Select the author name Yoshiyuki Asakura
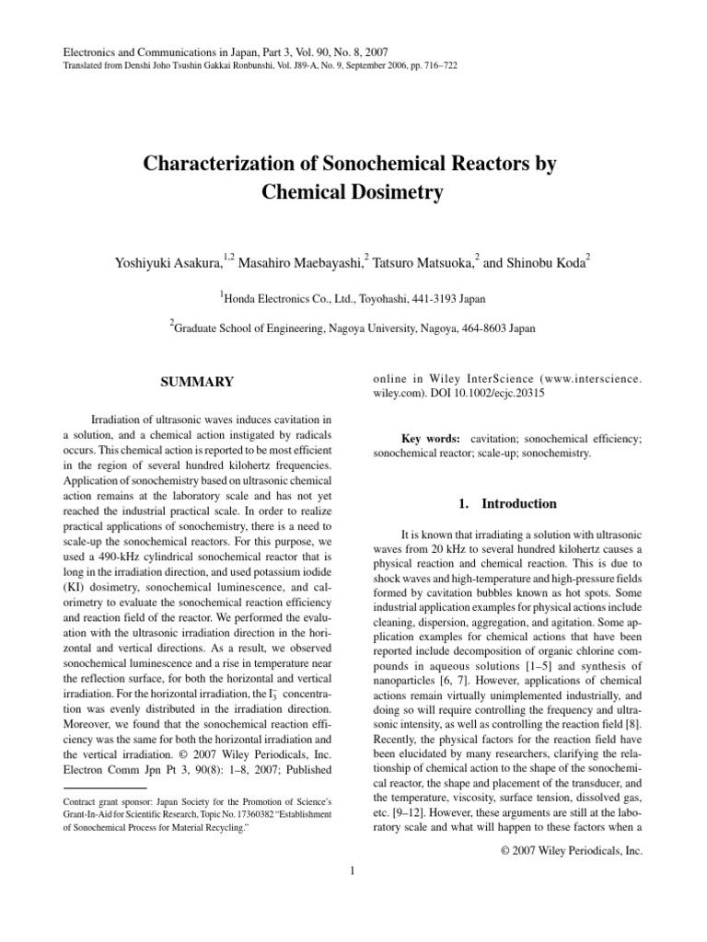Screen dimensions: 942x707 pos(166,262)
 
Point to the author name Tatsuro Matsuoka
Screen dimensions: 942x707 pos(423,262)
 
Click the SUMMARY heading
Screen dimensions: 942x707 pos(198,382)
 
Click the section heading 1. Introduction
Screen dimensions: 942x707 pos(507,504)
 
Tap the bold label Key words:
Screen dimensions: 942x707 pos(433,441)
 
